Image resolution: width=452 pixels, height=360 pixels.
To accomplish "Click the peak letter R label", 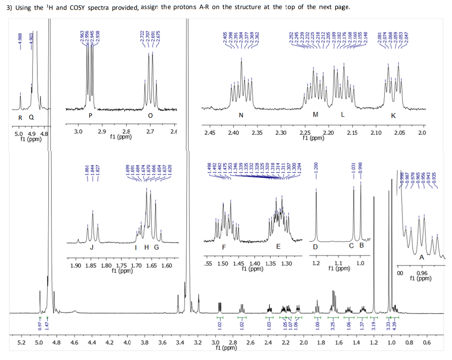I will [x=20, y=117].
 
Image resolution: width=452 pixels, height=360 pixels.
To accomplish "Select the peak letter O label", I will [x=150, y=115].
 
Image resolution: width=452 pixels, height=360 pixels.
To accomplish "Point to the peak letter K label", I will [x=393, y=116].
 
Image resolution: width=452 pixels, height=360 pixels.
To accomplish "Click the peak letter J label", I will [x=91, y=247].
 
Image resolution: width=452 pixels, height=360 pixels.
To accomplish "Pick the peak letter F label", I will [x=224, y=247].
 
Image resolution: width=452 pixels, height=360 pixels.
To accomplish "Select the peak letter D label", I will [x=315, y=247].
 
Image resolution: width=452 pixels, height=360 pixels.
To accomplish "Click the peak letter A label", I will [x=421, y=258].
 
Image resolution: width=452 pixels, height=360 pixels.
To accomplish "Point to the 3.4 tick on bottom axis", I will [x=180, y=342].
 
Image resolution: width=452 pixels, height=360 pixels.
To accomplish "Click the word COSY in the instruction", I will [x=79, y=7].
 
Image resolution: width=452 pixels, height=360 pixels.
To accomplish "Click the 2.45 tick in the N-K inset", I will [x=210, y=133].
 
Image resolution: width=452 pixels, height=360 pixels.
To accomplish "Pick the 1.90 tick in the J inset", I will [x=75, y=265].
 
